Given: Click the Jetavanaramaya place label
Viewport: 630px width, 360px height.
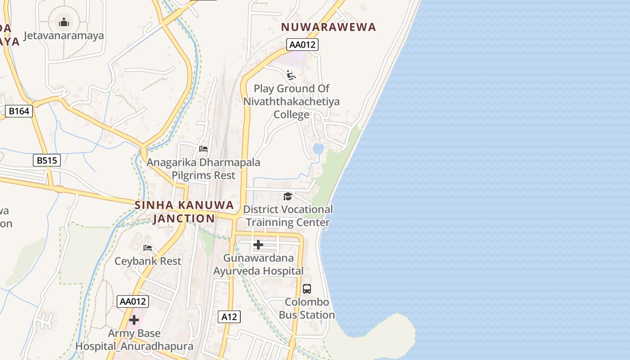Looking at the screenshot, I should [x=63, y=36].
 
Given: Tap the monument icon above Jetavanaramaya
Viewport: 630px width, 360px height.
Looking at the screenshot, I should [x=64, y=22].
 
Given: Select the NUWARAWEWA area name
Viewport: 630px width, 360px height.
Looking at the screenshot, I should [x=328, y=27].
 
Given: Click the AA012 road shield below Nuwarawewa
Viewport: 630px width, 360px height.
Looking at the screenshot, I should [x=302, y=45].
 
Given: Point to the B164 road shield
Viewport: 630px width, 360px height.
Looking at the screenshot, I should [x=19, y=111].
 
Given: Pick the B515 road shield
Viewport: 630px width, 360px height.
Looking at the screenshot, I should [x=47, y=160].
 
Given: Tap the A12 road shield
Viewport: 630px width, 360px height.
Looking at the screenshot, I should [x=229, y=317].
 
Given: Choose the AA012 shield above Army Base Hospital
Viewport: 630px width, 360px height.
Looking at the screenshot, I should [x=132, y=301].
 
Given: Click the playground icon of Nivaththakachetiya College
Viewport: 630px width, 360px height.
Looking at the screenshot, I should [x=291, y=75].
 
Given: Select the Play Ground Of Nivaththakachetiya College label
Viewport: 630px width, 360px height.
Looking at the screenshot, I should [x=292, y=101].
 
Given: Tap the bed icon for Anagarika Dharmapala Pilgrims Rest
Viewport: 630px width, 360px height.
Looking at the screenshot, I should [x=203, y=148].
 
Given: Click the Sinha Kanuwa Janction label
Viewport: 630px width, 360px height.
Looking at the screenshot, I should [x=184, y=212].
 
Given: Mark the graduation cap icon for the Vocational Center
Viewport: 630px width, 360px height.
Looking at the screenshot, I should [x=288, y=196].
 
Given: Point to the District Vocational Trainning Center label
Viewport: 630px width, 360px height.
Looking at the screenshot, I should [x=288, y=216].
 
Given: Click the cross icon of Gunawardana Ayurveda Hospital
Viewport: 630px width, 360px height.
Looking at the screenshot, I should [x=258, y=244].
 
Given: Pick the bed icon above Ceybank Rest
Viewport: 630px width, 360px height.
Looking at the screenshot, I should [x=148, y=247].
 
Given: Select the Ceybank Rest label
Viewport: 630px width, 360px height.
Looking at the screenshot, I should [x=148, y=261].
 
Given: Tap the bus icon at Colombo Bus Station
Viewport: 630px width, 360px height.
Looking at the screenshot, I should [x=307, y=289].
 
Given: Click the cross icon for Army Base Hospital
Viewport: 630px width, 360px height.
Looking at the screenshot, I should [x=134, y=320].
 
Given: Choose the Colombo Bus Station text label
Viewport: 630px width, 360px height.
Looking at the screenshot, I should [x=307, y=308].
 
